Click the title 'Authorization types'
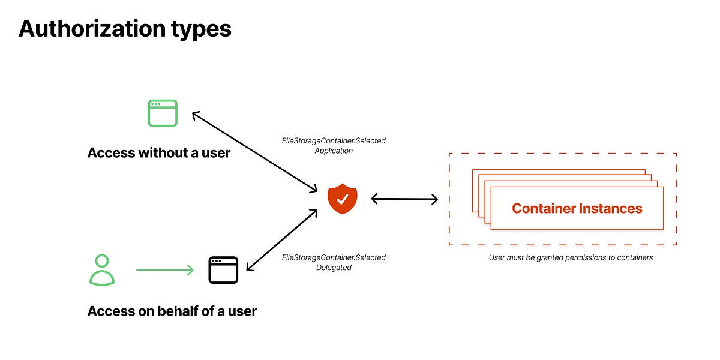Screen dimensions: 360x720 125,28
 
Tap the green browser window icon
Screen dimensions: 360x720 163,113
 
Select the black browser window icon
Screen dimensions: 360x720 223,270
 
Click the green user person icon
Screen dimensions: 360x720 102,270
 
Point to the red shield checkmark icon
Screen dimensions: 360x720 342,199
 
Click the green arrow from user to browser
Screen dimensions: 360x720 165,270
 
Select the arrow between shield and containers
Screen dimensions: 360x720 404,199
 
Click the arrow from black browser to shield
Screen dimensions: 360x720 281,239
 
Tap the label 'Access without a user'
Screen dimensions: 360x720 159,153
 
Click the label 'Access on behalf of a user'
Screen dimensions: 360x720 172,311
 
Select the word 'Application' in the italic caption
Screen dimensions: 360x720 334,151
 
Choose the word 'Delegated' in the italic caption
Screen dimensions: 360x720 334,268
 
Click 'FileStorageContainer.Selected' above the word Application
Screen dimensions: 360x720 334,141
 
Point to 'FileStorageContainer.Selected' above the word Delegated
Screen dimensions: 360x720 334,257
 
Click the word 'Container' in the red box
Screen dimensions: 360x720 542,209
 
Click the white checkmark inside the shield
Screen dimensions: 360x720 342,199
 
